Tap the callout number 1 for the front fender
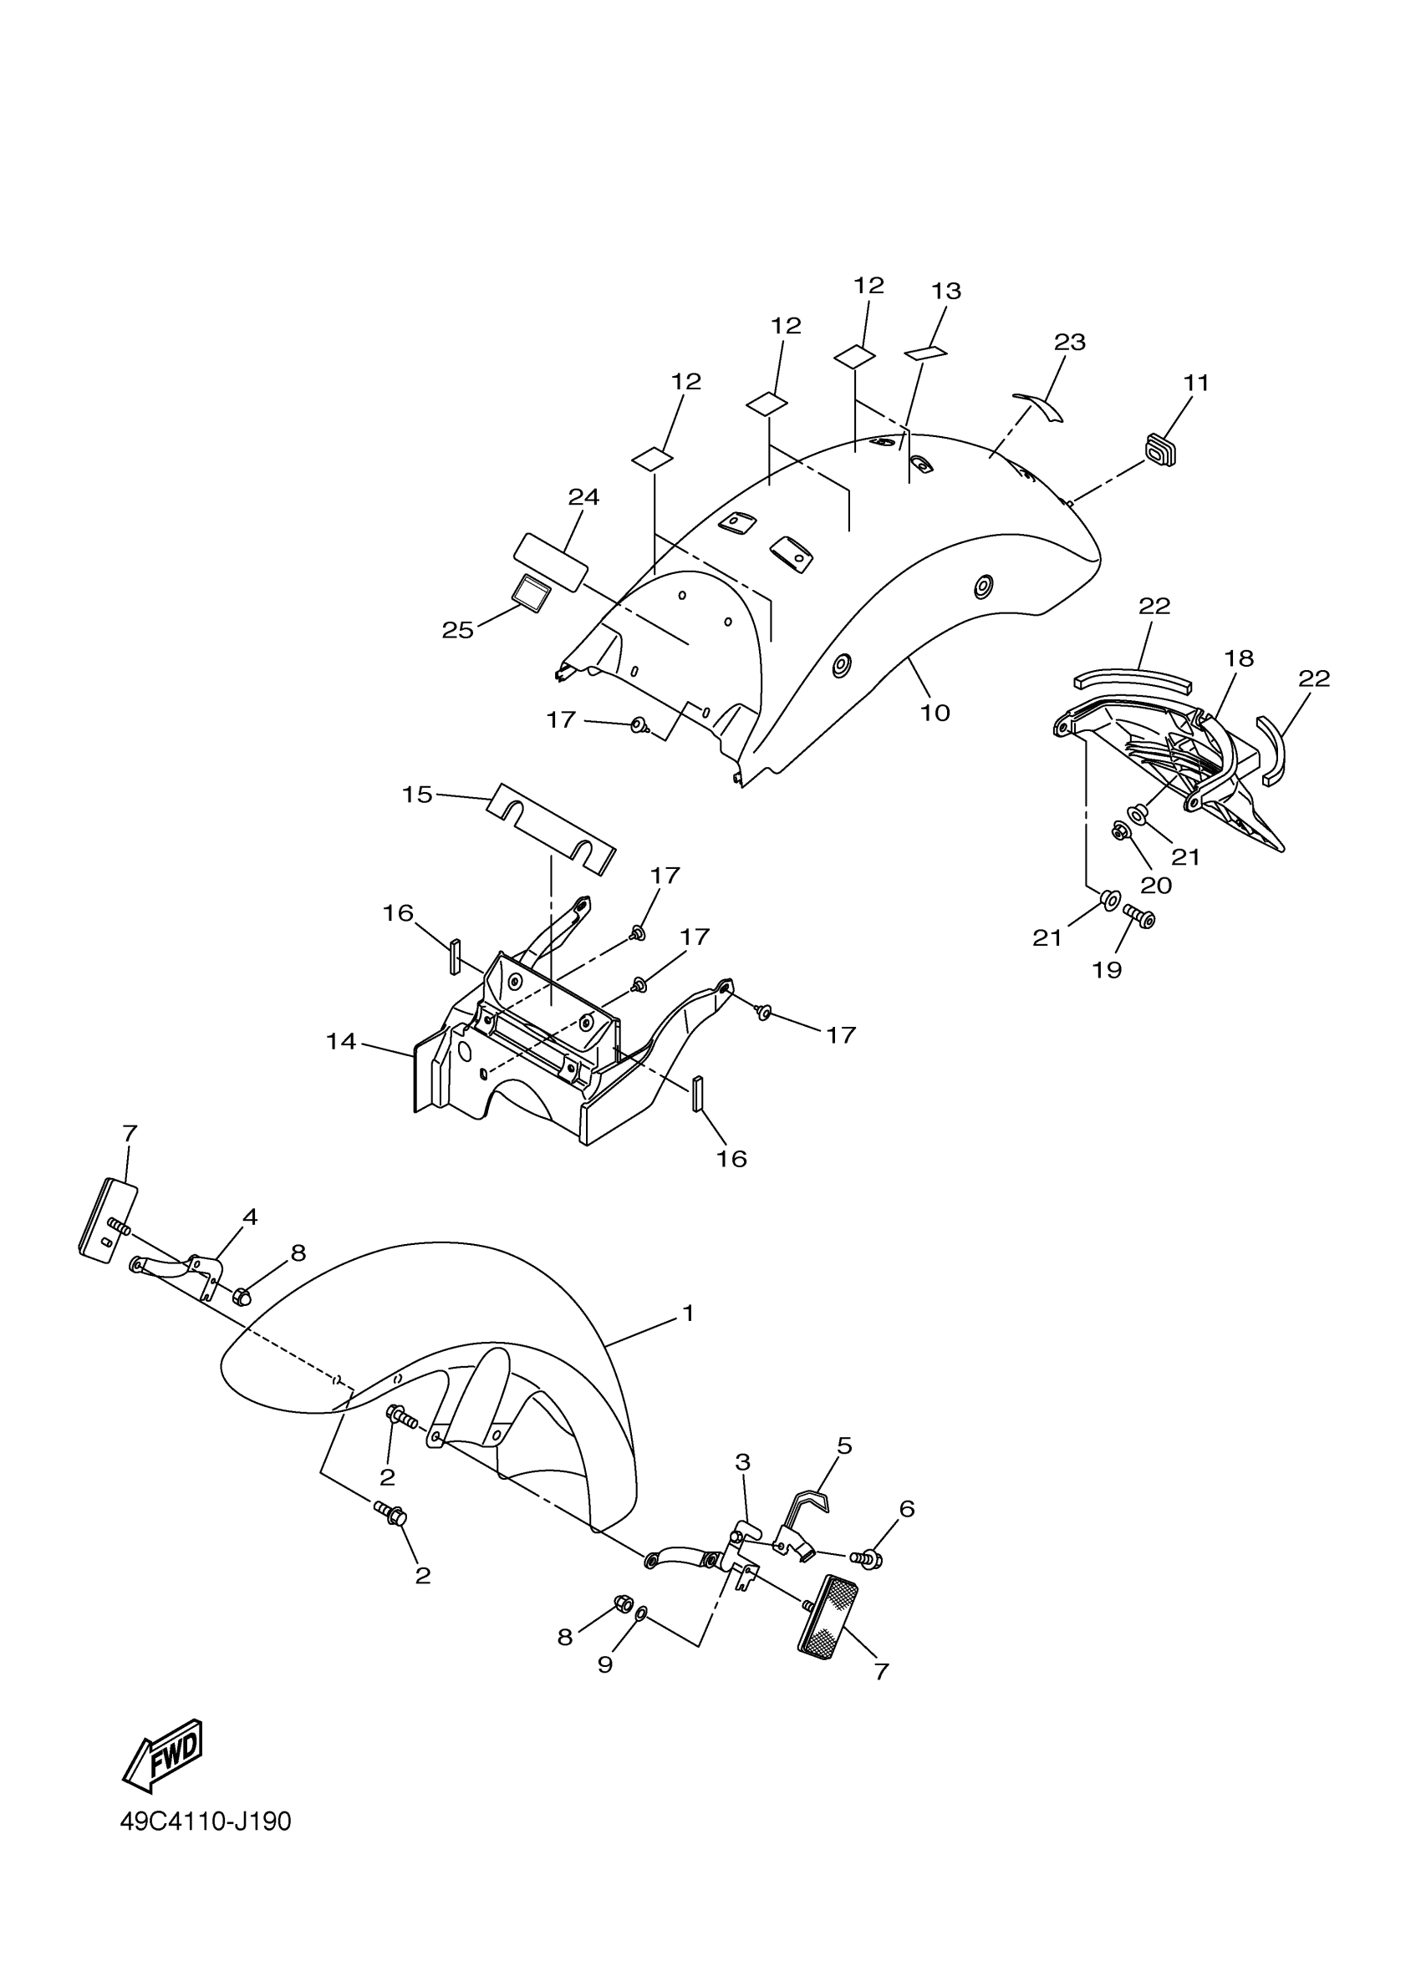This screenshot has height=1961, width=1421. tap(688, 1313)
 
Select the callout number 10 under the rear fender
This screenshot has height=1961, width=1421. tap(935, 714)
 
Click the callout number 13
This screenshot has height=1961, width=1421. tap(946, 292)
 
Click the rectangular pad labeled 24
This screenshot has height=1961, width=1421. tap(550, 561)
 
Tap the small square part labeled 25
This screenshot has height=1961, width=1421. tap(529, 593)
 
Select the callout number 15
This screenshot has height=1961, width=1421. tap(417, 795)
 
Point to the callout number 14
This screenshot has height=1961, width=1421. tap(341, 1042)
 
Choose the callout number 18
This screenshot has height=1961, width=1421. tap(1239, 659)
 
